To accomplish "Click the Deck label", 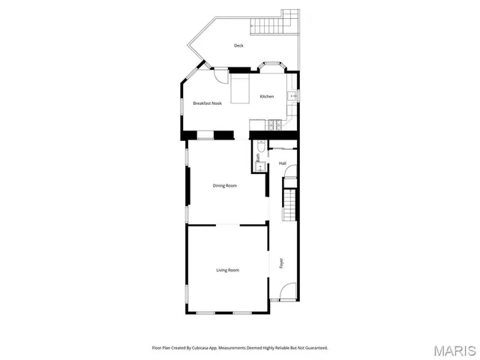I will click(x=238, y=46).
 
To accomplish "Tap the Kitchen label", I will click(x=267, y=97).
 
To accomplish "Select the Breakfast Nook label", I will click(x=207, y=103).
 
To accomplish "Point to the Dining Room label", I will click(x=225, y=185).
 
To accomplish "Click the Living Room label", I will click(x=227, y=270).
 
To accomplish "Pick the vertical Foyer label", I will click(x=282, y=263).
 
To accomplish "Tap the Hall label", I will click(x=283, y=163).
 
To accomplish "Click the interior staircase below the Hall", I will click(x=289, y=204).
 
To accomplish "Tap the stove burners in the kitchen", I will click(x=276, y=124).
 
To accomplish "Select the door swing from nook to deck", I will click(x=220, y=76).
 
